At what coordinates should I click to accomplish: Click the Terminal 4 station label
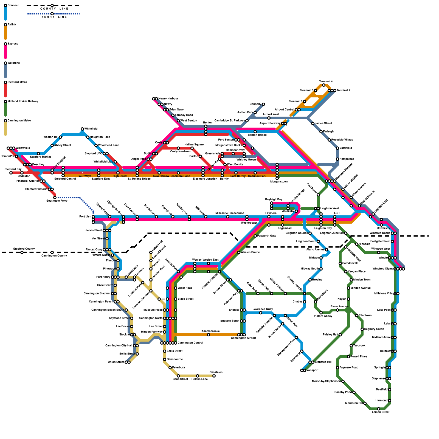[326, 81]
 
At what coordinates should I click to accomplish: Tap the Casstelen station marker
[214, 376]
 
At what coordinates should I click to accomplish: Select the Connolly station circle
[263, 104]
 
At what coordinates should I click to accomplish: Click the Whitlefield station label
[91, 129]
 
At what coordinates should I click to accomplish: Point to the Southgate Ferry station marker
[55, 198]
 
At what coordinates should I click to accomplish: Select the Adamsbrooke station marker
[209, 335]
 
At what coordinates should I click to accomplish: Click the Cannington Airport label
[243, 338]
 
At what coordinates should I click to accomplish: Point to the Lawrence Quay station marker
[261, 313]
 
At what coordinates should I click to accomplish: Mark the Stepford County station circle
[22, 252]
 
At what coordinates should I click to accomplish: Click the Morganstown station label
[279, 182]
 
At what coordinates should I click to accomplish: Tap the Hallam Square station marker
[192, 148]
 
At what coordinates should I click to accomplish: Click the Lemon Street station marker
[379, 409]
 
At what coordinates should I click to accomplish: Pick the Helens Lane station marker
[198, 376]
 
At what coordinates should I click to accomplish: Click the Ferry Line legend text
[54, 17]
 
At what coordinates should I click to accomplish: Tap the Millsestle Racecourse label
[230, 213]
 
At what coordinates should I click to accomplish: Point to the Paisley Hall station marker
[340, 335]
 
